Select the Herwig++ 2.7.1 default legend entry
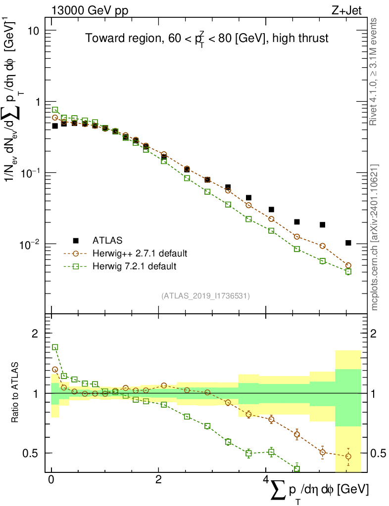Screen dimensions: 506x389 [x=140, y=253]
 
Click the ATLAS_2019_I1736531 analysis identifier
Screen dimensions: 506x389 [x=205, y=296]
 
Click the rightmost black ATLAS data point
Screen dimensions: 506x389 [x=348, y=243]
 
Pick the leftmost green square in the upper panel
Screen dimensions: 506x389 [x=55, y=110]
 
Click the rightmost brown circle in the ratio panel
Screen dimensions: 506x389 [x=348, y=456]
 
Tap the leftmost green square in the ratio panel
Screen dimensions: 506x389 [x=55, y=347]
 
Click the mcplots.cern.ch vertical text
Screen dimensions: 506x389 [x=375, y=237]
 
